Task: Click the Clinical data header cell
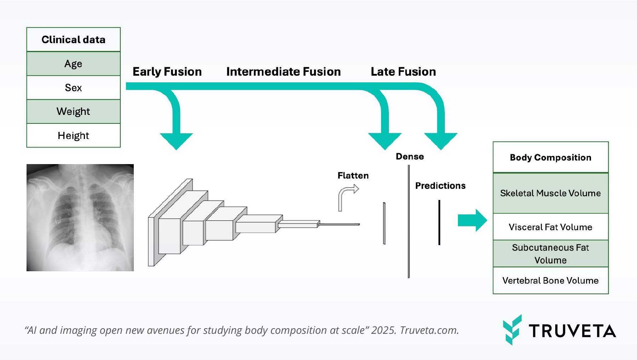pos(73,40)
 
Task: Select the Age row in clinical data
pos(73,64)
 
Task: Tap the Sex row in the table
pos(73,88)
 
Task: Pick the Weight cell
pos(73,111)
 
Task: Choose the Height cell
pos(73,135)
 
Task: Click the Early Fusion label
pos(167,72)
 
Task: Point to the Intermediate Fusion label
pos(283,72)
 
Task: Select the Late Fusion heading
pos(403,72)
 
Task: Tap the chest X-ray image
pos(80,217)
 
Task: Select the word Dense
pos(409,157)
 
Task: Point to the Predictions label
pos(440,186)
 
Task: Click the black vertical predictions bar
pos(439,222)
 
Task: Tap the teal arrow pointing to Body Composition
pos(472,220)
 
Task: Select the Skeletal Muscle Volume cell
pos(550,193)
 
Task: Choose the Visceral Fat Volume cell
pos(550,227)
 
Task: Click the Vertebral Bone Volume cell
pos(550,280)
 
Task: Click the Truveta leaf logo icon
pos(512,330)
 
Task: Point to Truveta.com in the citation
pos(429,330)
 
